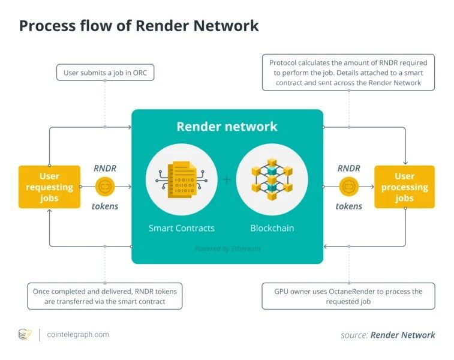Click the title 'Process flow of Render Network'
pyautogui.click(x=139, y=26)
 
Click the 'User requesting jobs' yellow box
pyautogui.click(x=49, y=187)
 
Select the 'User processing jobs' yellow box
pyautogui.click(x=404, y=187)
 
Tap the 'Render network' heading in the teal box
pyautogui.click(x=227, y=127)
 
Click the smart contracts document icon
pyautogui.click(x=181, y=179)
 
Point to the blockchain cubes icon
pyautogui.click(x=272, y=179)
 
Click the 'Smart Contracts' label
pyautogui.click(x=181, y=228)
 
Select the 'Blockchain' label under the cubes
pyautogui.click(x=272, y=228)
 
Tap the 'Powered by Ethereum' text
pyautogui.click(x=227, y=248)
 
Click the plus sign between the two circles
pyautogui.click(x=227, y=179)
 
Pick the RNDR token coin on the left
pyautogui.click(x=105, y=187)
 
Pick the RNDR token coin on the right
pyautogui.click(x=348, y=187)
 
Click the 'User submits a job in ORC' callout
pyautogui.click(x=105, y=73)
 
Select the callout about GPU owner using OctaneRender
pyautogui.click(x=348, y=296)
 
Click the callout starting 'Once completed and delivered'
pyautogui.click(x=105, y=296)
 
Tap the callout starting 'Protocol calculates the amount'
pyautogui.click(x=348, y=72)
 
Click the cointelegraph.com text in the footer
pyautogui.click(x=77, y=335)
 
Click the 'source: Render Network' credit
pyautogui.click(x=387, y=335)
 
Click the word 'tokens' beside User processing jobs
pyautogui.click(x=348, y=206)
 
